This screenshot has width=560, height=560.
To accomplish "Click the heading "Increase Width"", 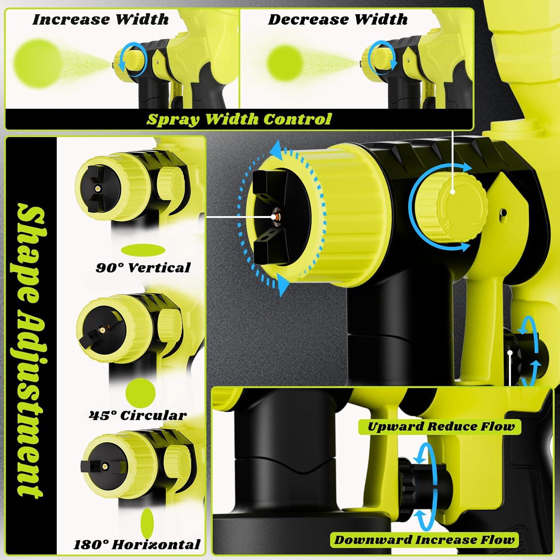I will pyautogui.click(x=100, y=20).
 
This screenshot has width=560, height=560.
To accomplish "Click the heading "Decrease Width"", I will pyautogui.click(x=338, y=20).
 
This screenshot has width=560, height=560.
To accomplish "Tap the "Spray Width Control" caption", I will pyautogui.click(x=239, y=119).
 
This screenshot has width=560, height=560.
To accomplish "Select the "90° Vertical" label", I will pyautogui.click(x=143, y=267).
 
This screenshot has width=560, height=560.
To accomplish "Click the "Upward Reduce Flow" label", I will pyautogui.click(x=441, y=426).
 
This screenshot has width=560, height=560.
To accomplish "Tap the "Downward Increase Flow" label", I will pyautogui.click(x=424, y=539).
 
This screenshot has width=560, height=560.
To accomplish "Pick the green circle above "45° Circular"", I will pyautogui.click(x=140, y=393).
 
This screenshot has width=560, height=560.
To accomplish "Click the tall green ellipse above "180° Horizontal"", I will pyautogui.click(x=147, y=523).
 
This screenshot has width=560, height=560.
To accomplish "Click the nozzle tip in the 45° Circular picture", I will pyautogui.click(x=101, y=330).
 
